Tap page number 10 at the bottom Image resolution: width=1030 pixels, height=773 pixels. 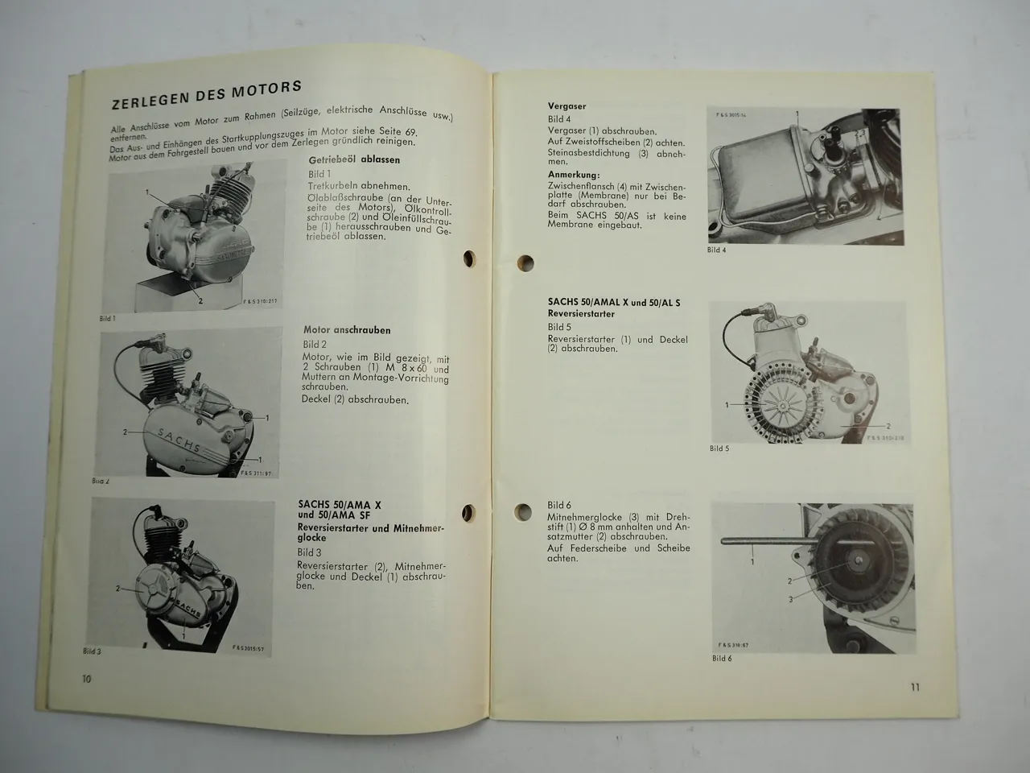[86, 678]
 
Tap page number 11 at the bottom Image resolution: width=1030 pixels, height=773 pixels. [915, 687]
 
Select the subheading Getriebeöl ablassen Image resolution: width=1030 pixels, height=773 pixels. [354, 160]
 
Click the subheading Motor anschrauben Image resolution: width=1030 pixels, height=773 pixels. [347, 330]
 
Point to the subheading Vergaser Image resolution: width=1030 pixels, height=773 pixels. [566, 106]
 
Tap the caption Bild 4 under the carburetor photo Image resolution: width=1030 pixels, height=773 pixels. [716, 250]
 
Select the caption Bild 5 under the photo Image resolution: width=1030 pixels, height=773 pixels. [719, 448]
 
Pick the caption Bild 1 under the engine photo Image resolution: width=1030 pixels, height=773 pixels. [108, 318]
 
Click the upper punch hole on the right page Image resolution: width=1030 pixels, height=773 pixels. [525, 262]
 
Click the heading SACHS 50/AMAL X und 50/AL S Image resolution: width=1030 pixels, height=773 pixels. [613, 303]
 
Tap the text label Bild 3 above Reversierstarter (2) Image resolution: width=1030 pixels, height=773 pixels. [309, 552]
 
